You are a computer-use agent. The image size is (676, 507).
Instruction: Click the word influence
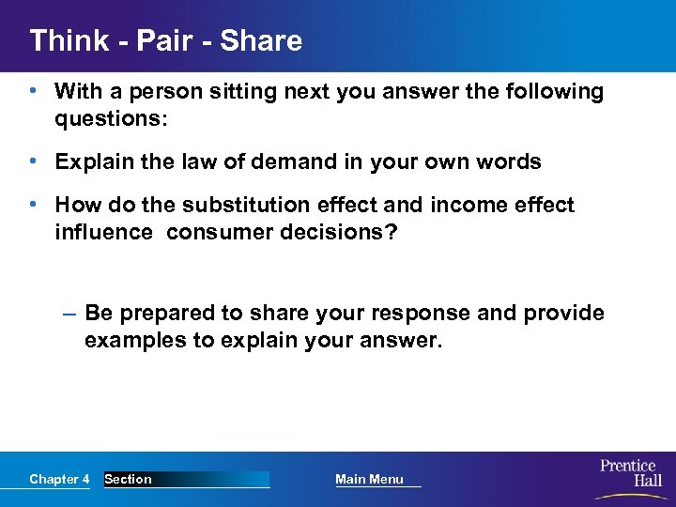point(103,231)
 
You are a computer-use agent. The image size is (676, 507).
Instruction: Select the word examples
point(135,340)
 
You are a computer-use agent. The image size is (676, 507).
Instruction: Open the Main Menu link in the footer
point(369,479)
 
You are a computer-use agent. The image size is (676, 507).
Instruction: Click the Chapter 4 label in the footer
point(59,479)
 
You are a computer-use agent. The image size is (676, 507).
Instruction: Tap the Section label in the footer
point(128,479)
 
